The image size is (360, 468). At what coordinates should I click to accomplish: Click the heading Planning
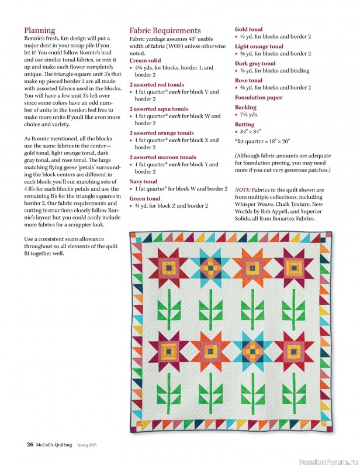click(40, 30)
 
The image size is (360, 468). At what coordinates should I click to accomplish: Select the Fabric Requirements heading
click(165, 30)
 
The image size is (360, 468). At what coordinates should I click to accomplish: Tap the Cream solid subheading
click(145, 60)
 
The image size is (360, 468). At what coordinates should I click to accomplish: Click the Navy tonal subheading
click(143, 181)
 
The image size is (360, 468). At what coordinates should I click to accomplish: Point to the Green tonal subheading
click(144, 198)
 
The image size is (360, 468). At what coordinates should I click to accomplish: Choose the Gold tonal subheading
click(248, 29)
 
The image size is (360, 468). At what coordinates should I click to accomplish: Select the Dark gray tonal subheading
click(255, 63)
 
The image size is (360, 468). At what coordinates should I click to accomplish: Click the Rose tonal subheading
click(248, 80)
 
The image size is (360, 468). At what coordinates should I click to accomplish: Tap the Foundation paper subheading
click(258, 98)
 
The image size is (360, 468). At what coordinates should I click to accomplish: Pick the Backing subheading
click(245, 108)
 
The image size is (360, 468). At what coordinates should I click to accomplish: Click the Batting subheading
click(244, 125)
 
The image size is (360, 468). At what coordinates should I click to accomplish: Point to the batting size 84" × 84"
click(251, 132)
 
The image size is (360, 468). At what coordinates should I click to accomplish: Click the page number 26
click(29, 445)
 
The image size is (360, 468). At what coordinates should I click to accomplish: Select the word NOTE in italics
click(243, 191)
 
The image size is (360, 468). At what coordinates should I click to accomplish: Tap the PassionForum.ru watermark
click(327, 462)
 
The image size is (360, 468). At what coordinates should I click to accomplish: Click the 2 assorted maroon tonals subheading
click(162, 157)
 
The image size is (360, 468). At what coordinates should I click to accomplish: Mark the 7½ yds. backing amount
click(250, 115)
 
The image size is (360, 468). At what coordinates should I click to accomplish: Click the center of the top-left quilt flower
click(168, 267)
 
